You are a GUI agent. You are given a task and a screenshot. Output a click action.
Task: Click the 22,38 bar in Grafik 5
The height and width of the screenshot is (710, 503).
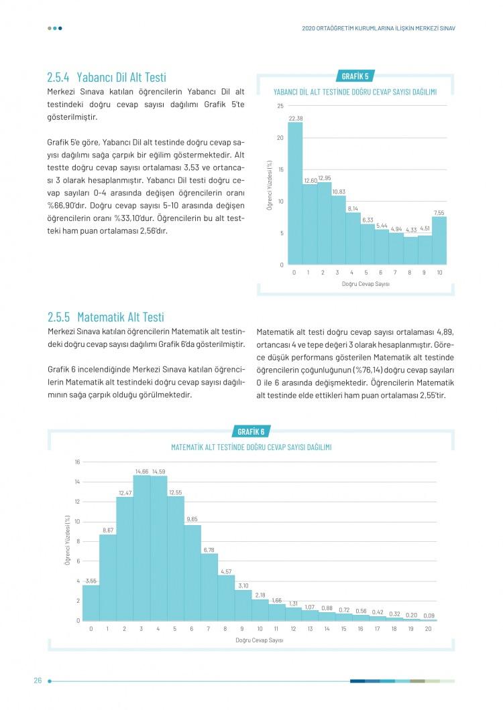(295, 194)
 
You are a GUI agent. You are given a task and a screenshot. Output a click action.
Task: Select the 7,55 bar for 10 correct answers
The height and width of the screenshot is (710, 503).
(439, 240)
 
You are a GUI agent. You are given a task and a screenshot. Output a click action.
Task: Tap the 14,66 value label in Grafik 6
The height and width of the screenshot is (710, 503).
(142, 472)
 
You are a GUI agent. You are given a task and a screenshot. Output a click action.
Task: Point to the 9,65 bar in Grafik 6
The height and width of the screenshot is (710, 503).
(192, 573)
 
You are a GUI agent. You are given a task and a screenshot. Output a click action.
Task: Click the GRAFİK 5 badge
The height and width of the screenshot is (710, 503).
(355, 76)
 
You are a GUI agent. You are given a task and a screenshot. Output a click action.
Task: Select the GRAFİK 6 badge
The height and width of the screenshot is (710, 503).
(251, 431)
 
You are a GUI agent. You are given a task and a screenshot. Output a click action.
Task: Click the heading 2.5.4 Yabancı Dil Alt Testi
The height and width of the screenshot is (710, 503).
(107, 78)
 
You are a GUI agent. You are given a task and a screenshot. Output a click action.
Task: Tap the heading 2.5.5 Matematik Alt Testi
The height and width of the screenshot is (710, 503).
(106, 317)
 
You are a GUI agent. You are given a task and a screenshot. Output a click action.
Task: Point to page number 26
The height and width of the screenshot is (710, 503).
(38, 680)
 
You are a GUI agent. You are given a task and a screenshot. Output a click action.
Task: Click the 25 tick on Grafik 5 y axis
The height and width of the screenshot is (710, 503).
(280, 106)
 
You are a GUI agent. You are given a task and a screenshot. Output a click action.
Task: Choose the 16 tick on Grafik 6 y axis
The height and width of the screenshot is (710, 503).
(77, 462)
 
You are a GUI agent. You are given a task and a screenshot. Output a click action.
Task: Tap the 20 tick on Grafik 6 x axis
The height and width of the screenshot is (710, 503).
(428, 629)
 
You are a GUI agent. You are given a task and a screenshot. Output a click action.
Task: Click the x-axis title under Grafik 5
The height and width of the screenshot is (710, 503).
(366, 284)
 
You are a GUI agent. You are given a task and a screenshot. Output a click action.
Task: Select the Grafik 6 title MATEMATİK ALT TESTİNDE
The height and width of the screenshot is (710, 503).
(251, 447)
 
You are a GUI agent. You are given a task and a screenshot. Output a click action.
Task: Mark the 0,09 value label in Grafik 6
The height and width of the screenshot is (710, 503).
(429, 616)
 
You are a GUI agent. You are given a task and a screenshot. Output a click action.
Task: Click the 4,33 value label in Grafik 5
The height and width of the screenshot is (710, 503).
(411, 230)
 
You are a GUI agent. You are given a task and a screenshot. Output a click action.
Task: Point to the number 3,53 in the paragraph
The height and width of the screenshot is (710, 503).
(191, 167)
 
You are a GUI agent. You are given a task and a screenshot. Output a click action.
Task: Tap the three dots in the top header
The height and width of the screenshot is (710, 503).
(55, 28)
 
